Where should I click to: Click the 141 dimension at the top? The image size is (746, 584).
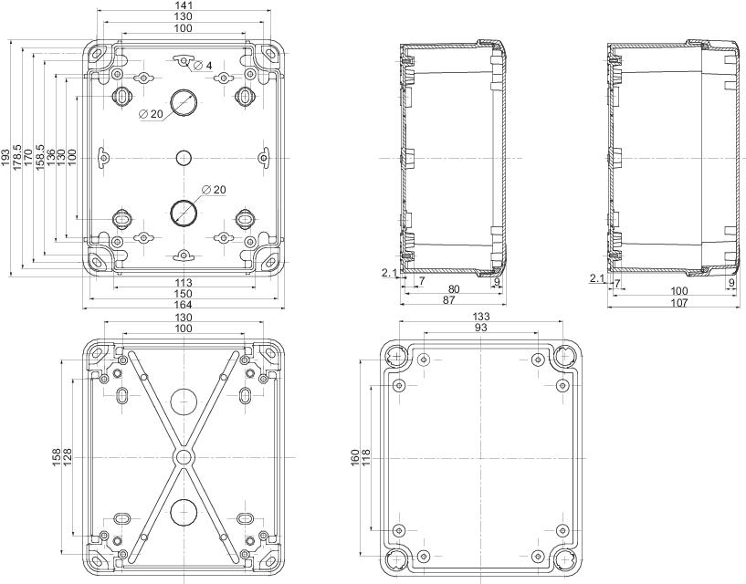click(x=183, y=5)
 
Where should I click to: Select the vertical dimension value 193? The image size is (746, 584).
click(x=5, y=159)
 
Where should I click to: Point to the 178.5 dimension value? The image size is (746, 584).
click(x=16, y=159)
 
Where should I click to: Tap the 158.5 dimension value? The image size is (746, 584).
click(x=39, y=159)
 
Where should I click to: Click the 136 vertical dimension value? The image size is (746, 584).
click(x=50, y=159)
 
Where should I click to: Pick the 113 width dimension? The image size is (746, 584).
click(x=183, y=282)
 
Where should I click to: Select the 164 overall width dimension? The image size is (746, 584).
click(x=183, y=305)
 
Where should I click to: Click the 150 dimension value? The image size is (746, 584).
click(x=183, y=293)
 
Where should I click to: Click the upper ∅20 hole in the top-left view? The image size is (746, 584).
click(x=183, y=103)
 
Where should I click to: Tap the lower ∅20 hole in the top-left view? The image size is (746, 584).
click(x=183, y=212)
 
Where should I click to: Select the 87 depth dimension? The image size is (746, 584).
click(x=450, y=300)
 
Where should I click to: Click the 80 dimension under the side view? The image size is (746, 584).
click(x=454, y=289)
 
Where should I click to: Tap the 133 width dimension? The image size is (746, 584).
click(x=479, y=316)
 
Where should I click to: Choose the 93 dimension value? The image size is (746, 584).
click(x=479, y=328)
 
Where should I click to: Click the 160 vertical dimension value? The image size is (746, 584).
click(x=354, y=454)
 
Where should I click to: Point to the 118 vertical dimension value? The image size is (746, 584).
click(x=366, y=454)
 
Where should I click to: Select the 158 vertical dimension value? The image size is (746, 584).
click(x=57, y=454)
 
